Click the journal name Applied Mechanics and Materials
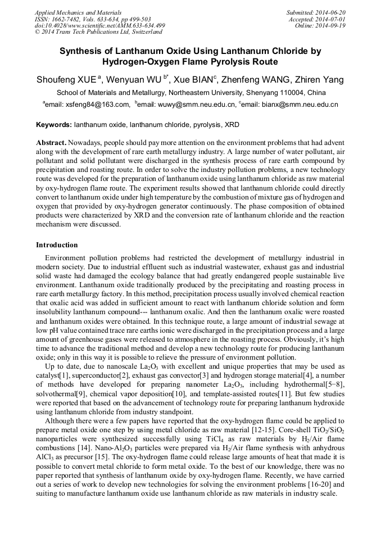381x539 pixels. coord(71,12)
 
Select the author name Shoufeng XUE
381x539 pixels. coord(66,79)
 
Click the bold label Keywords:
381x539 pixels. coord(54,124)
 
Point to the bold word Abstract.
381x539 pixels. coord(51,143)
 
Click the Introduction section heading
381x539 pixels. coord(57,245)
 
